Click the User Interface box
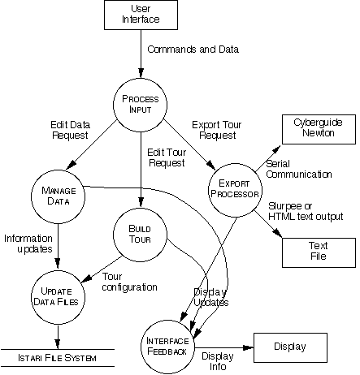click(140, 15)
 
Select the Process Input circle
click(139, 104)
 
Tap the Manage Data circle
click(58, 196)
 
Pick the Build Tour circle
click(140, 235)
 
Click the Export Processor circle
click(235, 183)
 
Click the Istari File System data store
click(58, 358)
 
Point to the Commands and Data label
click(193, 50)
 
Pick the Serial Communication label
click(298, 169)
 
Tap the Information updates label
click(28, 244)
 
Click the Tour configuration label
click(130, 282)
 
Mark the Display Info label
click(217, 360)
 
